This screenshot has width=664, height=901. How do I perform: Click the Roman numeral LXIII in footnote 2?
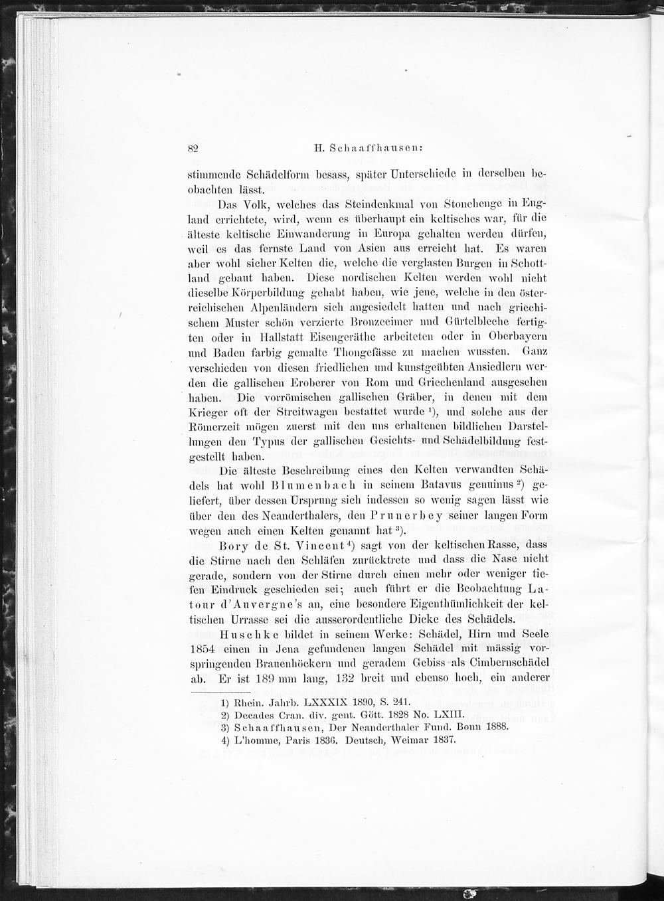(416, 714)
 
